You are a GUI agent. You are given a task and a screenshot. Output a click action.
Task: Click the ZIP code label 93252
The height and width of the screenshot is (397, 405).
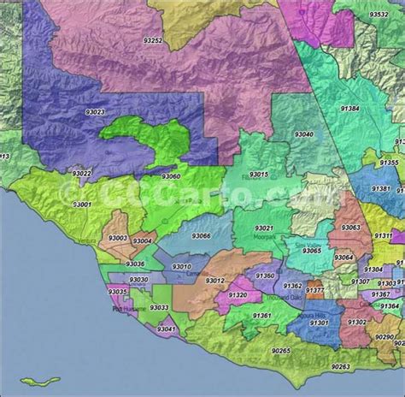tap(155, 40)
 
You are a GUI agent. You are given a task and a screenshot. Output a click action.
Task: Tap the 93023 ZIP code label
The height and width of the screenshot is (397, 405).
tap(96, 111)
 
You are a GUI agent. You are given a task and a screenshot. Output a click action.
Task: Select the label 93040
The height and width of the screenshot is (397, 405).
tap(305, 134)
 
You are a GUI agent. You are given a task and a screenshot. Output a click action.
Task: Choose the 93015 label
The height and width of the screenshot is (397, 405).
tap(257, 174)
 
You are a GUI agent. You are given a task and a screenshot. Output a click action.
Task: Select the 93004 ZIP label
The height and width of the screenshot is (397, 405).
tap(143, 242)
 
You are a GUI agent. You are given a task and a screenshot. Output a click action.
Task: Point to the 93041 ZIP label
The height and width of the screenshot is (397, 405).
tap(167, 329)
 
